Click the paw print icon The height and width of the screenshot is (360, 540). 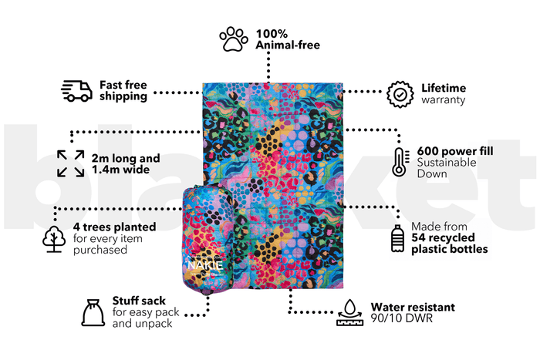point(234,39)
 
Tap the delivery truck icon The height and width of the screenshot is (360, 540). point(76,91)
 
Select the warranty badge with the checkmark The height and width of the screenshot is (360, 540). point(400,94)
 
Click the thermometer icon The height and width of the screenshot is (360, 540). point(400,162)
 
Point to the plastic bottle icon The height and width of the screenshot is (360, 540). point(397,238)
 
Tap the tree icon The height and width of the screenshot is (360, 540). point(54,239)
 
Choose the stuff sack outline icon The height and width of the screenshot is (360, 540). point(93,312)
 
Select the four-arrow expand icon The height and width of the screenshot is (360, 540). point(71,163)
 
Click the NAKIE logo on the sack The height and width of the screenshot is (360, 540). point(205,264)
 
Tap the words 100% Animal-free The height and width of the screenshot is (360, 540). point(288,39)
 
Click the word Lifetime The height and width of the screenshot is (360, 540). point(444,88)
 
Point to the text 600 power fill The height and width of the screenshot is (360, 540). point(455,151)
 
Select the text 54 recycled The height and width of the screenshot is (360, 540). point(443,237)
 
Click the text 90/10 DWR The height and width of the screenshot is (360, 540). point(402,318)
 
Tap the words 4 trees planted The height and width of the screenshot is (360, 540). point(114,227)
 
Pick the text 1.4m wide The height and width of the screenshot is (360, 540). point(120,170)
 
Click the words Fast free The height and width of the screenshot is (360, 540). point(123,85)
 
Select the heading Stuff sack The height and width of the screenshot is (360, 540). point(139,301)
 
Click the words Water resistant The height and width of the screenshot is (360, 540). point(413,307)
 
